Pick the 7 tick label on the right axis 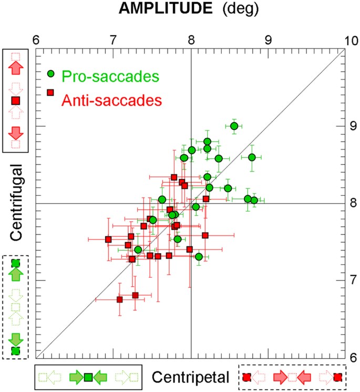coord(354,280)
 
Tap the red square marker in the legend coord(51,93)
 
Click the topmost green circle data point coord(234,126)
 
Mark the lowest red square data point coord(120,299)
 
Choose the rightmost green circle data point coord(254,200)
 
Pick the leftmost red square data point coord(108,239)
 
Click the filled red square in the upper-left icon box coord(16,100)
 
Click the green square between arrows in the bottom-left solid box coord(88,377)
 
